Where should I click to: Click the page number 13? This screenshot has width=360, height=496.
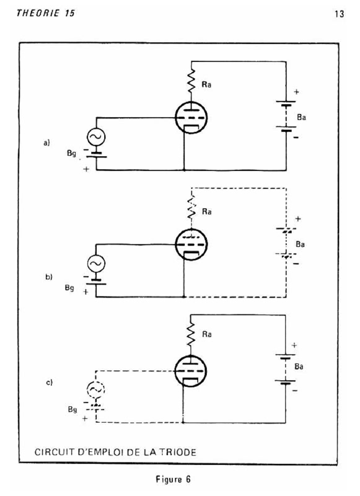click(x=339, y=14)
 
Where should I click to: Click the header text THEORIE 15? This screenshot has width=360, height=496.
click(x=45, y=13)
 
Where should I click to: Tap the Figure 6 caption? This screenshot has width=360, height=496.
click(x=173, y=479)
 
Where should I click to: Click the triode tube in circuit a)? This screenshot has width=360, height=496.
click(x=191, y=118)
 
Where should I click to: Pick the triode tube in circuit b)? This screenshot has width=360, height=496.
click(x=191, y=244)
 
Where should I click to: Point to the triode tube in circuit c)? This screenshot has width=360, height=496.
click(x=191, y=371)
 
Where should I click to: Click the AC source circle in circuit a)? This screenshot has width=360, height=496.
click(x=96, y=137)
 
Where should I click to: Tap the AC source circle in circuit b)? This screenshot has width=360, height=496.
click(x=96, y=263)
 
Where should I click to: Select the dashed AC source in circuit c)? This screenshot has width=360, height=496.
click(x=95, y=390)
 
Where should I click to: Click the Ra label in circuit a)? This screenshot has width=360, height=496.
click(x=206, y=84)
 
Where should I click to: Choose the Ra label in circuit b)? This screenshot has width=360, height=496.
click(x=207, y=211)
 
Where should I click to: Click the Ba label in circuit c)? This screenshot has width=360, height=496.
click(x=299, y=366)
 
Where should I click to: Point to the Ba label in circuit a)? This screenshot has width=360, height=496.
click(x=301, y=117)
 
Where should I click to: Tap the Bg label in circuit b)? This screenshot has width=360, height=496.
click(x=69, y=288)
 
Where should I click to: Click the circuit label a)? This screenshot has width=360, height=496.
click(x=46, y=143)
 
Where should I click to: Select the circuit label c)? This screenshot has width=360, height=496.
click(x=50, y=383)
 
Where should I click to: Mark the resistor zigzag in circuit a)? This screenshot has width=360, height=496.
click(x=191, y=81)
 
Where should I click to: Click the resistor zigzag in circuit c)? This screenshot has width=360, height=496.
click(x=191, y=334)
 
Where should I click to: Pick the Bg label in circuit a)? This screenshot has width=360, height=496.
click(x=71, y=153)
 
